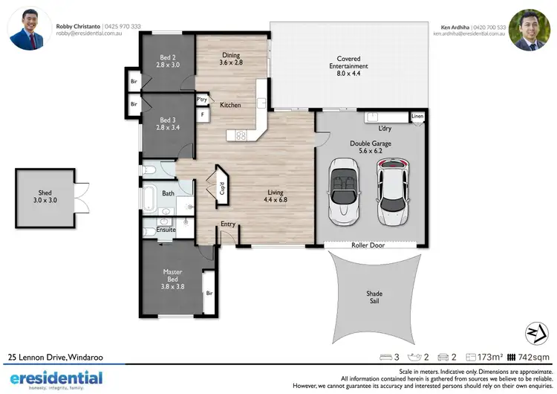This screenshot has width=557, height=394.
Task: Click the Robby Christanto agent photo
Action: point(28,29)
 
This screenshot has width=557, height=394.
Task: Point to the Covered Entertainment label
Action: point(353,62)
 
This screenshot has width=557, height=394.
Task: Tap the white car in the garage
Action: point(392,192)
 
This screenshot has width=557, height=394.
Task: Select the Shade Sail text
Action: point(374,297)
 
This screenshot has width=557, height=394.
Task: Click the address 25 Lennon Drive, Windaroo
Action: point(56,358)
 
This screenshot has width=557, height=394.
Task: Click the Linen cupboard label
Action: point(418,117)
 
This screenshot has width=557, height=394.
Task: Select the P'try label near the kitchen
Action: point(201,100)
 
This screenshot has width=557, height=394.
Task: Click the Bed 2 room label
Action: point(167,61)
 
